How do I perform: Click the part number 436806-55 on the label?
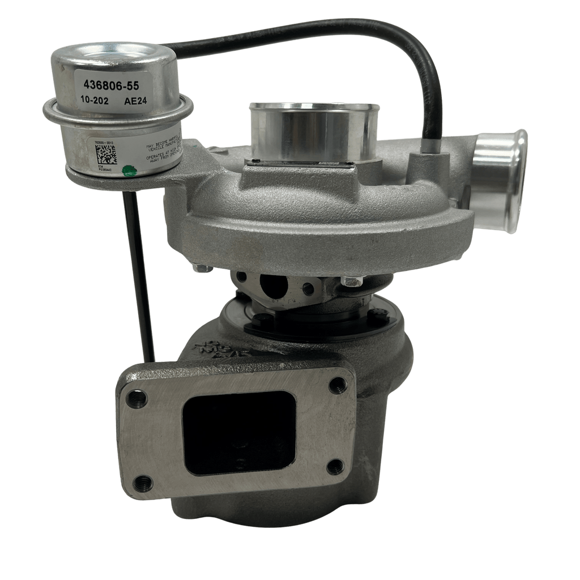coord(110,86)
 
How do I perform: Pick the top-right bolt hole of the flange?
coord(338,385)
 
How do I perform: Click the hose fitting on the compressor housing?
coord(429,156)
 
